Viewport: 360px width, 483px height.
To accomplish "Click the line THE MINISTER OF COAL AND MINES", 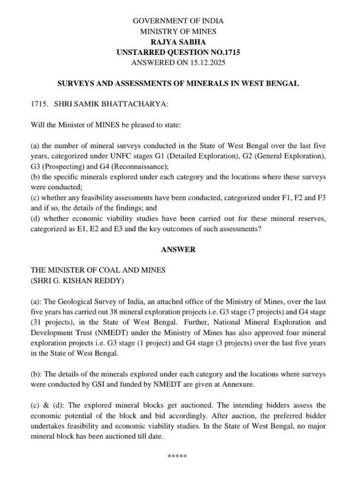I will tap(98, 270).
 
